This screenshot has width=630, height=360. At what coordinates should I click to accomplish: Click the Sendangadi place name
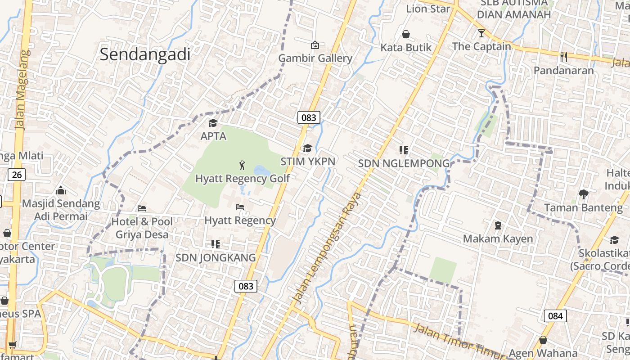pyautogui.click(x=145, y=54)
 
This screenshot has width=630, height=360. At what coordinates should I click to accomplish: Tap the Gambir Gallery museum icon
pyautogui.click(x=315, y=45)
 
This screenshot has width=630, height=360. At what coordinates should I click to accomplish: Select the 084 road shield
pyautogui.click(x=555, y=316)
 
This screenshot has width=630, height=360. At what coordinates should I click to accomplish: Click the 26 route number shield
pyautogui.click(x=17, y=175)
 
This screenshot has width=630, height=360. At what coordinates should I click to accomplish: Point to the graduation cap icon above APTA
pyautogui.click(x=213, y=123)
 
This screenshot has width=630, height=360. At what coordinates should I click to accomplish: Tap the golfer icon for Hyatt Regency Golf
pyautogui.click(x=243, y=165)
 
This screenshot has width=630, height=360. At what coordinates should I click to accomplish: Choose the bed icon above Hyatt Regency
pyautogui.click(x=240, y=207)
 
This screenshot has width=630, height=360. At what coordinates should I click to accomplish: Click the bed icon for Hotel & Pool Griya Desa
pyautogui.click(x=142, y=208)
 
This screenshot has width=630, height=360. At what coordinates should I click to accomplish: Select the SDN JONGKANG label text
pyautogui.click(x=216, y=258)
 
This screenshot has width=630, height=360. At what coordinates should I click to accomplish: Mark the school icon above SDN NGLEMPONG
pyautogui.click(x=404, y=150)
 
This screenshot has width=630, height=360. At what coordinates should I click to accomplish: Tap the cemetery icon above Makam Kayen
pyautogui.click(x=498, y=225)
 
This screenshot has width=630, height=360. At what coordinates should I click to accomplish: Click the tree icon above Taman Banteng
pyautogui.click(x=584, y=194)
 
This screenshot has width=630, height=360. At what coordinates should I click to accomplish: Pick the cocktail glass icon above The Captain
pyautogui.click(x=481, y=33)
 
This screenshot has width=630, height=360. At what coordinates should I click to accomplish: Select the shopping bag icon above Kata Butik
pyautogui.click(x=406, y=34)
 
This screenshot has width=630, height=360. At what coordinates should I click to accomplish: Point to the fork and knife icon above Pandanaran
pyautogui.click(x=564, y=57)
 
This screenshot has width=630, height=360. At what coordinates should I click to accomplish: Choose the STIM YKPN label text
pyautogui.click(x=308, y=161)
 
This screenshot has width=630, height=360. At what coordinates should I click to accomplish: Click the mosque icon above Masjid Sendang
pyautogui.click(x=61, y=190)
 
